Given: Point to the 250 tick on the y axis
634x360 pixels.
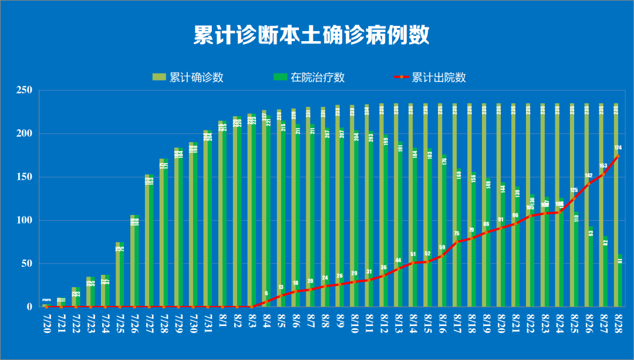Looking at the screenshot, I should pyautogui.click(x=24, y=90).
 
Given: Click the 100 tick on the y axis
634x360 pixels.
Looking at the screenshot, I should pyautogui.click(x=24, y=220).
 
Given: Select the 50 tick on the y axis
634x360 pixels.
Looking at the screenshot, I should pyautogui.click(x=26, y=264).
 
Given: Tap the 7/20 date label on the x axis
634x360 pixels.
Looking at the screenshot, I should pyautogui.click(x=46, y=322).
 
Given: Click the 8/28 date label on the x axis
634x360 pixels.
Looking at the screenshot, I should pyautogui.click(x=618, y=322).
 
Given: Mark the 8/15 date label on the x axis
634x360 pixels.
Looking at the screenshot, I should pyautogui.click(x=427, y=322).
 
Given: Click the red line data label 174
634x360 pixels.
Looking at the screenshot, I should pyautogui.click(x=618, y=147).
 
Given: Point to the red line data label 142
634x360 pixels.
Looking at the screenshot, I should pyautogui.click(x=589, y=176).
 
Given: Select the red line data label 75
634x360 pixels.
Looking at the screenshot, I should pyautogui.click(x=457, y=233).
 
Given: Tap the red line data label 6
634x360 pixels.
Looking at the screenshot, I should pyautogui.click(x=267, y=293).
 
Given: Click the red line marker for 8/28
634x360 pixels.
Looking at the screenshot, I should pyautogui.click(x=618, y=156).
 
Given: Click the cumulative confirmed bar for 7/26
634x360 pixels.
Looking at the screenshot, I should pyautogui.click(x=132, y=261).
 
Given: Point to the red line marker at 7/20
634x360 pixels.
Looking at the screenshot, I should pyautogui.click(x=46, y=307).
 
